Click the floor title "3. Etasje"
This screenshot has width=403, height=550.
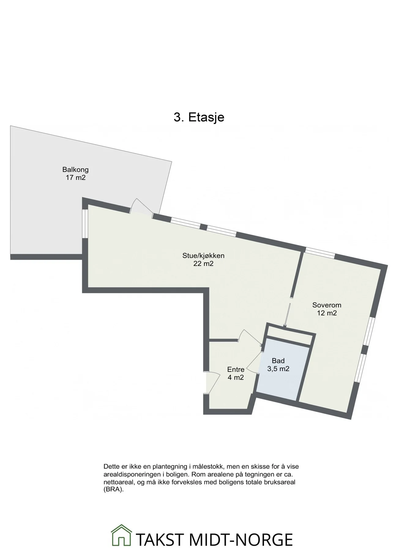[x=199, y=117]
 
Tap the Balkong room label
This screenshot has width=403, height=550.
[x=75, y=169]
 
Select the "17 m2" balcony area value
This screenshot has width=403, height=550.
[x=76, y=177]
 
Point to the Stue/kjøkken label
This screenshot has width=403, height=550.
[x=203, y=256]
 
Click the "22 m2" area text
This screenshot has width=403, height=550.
[x=203, y=263]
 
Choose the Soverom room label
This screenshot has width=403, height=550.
[x=327, y=305]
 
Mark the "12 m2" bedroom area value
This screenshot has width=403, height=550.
[x=327, y=313]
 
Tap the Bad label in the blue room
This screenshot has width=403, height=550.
[x=278, y=361]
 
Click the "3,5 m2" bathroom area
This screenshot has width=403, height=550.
[x=278, y=369]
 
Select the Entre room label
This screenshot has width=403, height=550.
[x=236, y=369]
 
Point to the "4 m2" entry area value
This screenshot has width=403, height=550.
[x=236, y=377]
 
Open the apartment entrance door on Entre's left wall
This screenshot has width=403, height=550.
[x=213, y=382]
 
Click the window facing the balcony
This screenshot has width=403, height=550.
[x=85, y=223]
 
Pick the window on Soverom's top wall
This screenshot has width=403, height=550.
[x=320, y=251]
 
